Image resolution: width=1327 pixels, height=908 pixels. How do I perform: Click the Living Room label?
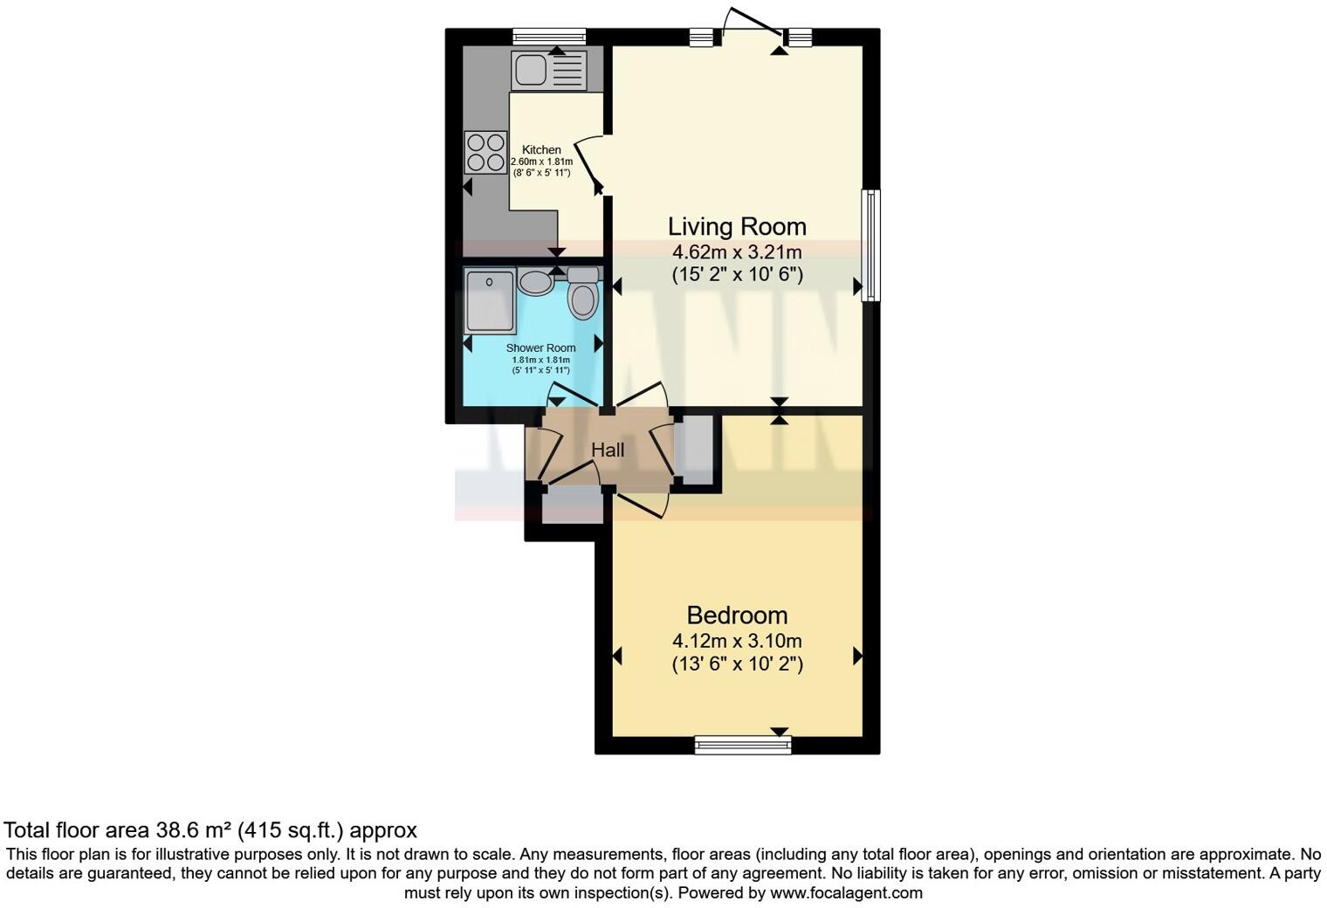(737, 226)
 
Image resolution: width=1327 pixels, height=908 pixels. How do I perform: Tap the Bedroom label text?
(737, 616)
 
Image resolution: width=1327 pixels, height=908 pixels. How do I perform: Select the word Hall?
(608, 451)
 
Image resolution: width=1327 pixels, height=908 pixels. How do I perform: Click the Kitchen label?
(541, 150)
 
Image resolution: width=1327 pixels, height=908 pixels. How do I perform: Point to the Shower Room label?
(540, 347)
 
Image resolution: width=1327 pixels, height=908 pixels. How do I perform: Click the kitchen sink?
(548, 70)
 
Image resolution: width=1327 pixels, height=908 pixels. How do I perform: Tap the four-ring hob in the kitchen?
(485, 152)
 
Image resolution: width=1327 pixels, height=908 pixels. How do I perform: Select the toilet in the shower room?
(582, 293)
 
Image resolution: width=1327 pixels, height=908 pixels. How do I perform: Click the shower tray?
(489, 301)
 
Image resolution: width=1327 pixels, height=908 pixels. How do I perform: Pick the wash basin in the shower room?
(534, 283)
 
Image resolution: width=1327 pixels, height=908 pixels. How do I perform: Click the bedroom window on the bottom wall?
(743, 745)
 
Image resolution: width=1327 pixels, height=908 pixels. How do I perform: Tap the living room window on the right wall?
(870, 245)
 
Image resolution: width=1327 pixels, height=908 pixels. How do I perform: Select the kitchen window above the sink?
(548, 36)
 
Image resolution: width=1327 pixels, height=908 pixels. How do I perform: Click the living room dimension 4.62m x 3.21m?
(737, 252)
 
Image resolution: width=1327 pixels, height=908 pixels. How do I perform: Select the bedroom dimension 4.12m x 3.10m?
(737, 641)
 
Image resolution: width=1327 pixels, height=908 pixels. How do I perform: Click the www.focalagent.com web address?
(846, 893)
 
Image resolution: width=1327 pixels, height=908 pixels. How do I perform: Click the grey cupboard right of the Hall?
(697, 451)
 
